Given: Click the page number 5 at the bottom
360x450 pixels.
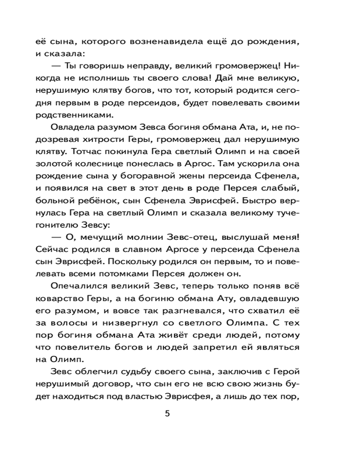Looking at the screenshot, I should point(167,414).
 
